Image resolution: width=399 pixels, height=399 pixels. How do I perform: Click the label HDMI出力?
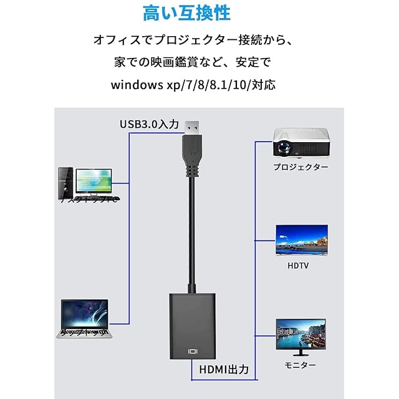(224, 368)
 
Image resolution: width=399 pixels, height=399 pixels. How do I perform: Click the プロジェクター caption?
(300, 167)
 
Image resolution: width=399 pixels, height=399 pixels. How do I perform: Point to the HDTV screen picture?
(302, 239)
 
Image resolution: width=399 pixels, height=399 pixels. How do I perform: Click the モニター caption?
(300, 365)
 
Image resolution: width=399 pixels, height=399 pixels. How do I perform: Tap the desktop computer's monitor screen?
(95, 180)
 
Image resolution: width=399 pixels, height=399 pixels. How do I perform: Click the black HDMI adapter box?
(193, 324)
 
